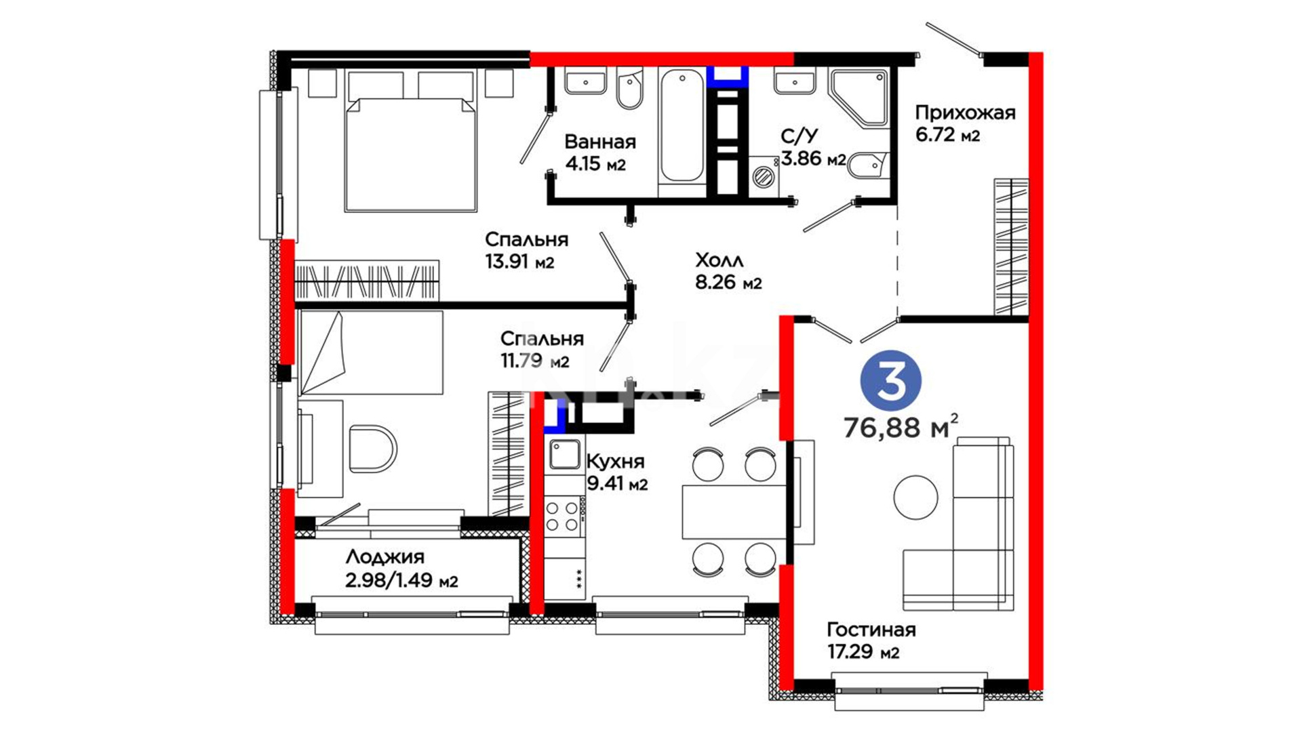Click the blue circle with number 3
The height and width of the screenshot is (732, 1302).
890,380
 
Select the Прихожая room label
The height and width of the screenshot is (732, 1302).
965,113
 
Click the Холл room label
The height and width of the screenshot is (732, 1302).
719,260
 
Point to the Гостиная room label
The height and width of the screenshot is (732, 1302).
871,630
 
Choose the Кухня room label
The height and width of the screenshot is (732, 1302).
615,462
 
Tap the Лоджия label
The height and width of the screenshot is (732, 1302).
384,557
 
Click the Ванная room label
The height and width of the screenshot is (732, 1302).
599,142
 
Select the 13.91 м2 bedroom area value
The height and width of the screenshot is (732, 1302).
519,262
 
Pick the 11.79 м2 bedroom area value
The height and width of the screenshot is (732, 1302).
534,361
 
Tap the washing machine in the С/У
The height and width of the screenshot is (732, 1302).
764,176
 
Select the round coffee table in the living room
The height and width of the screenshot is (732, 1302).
915,497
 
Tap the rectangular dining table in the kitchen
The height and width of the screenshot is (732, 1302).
734,512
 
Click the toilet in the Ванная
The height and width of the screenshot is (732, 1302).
630,88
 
